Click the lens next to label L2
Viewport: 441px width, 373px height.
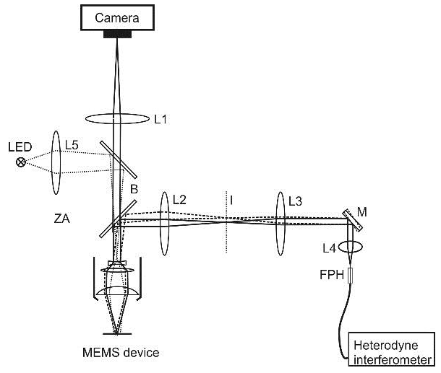(165, 220)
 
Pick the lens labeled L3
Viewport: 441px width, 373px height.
(281, 220)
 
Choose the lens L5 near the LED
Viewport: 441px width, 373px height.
(56, 162)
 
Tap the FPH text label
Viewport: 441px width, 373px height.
(332, 275)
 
